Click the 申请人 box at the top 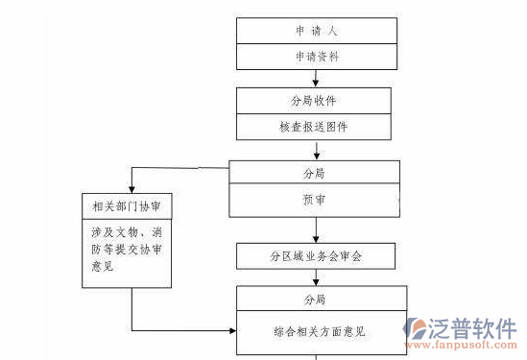(315, 31)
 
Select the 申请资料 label (315, 57)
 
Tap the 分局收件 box (315, 101)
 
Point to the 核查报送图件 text (315, 126)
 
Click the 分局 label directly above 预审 (314, 173)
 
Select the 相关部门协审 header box (128, 205)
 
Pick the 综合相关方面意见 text (314, 332)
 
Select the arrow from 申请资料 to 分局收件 (315, 79)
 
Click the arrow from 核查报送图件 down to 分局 (315, 150)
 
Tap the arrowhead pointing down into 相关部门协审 (131, 187)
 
